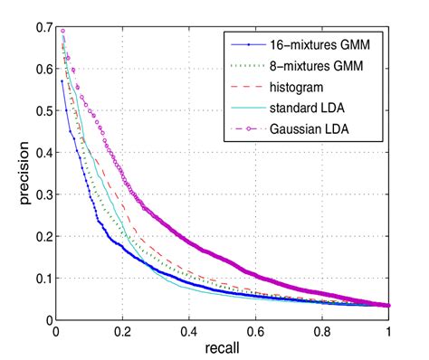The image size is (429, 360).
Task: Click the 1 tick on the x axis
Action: click(389, 331)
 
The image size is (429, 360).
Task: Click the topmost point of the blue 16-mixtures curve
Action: click(62, 81)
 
